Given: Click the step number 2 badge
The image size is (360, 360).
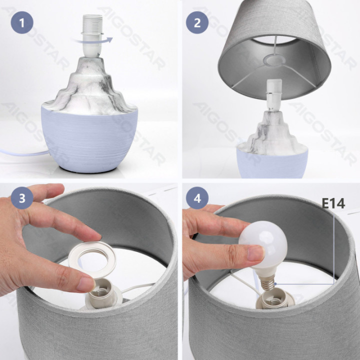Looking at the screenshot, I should pos(197,22).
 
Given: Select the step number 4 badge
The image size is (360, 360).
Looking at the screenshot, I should pos(197,197).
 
